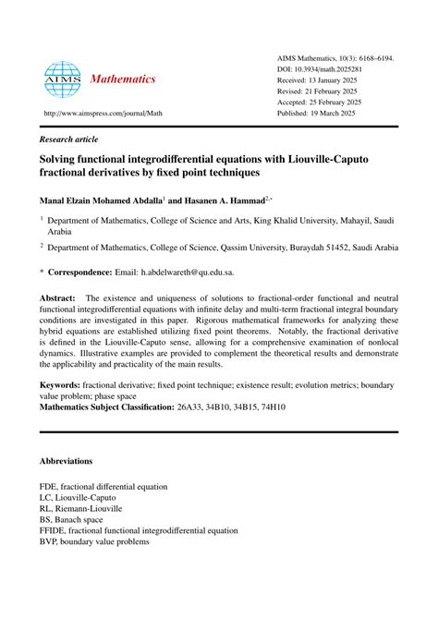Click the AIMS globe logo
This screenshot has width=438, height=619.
(63, 79)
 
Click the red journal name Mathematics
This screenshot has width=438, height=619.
(124, 79)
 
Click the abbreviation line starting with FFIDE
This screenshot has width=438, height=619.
(139, 531)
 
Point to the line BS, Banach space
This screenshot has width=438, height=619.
(79, 518)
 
